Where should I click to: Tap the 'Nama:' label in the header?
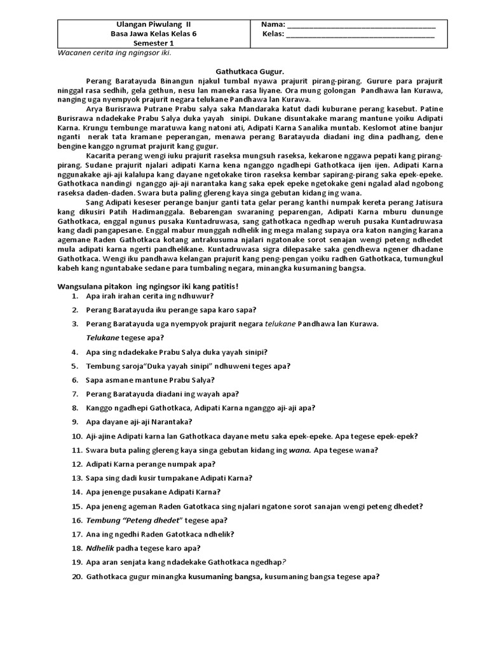[x=273, y=25]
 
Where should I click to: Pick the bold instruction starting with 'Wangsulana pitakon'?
[x=149, y=286]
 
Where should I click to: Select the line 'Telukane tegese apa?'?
[x=125, y=338]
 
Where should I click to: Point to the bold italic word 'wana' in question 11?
[x=299, y=450]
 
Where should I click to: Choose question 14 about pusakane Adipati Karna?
[x=153, y=492]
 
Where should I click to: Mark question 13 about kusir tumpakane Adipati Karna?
[x=168, y=478]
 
